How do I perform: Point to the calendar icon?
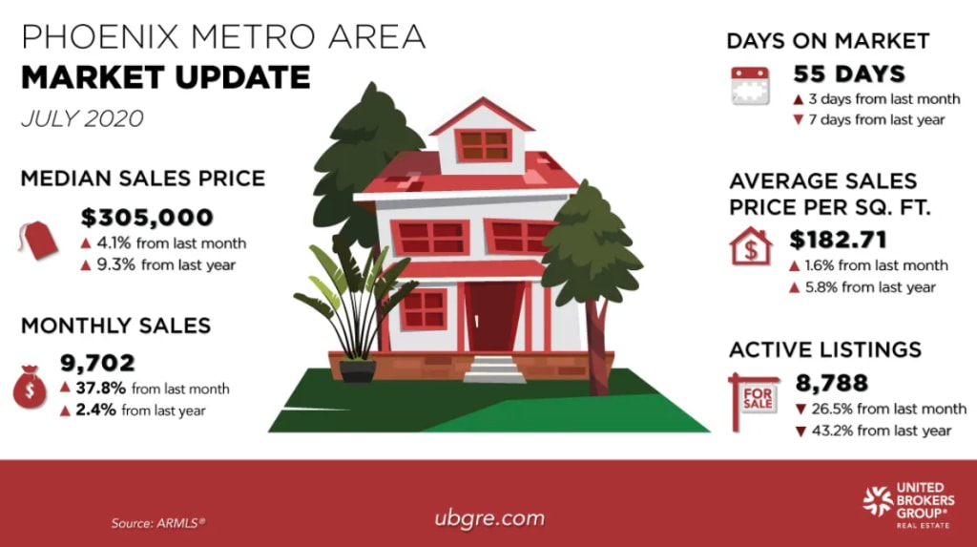751,86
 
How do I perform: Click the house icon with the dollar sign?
751,247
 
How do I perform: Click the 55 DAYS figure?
849,74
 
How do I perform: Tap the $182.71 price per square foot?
839,240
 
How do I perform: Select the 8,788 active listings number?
831,384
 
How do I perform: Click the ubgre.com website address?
488,518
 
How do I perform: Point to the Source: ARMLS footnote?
157,522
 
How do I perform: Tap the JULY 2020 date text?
82,119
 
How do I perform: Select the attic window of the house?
484,145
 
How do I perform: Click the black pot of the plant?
358,370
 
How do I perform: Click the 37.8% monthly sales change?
94,388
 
